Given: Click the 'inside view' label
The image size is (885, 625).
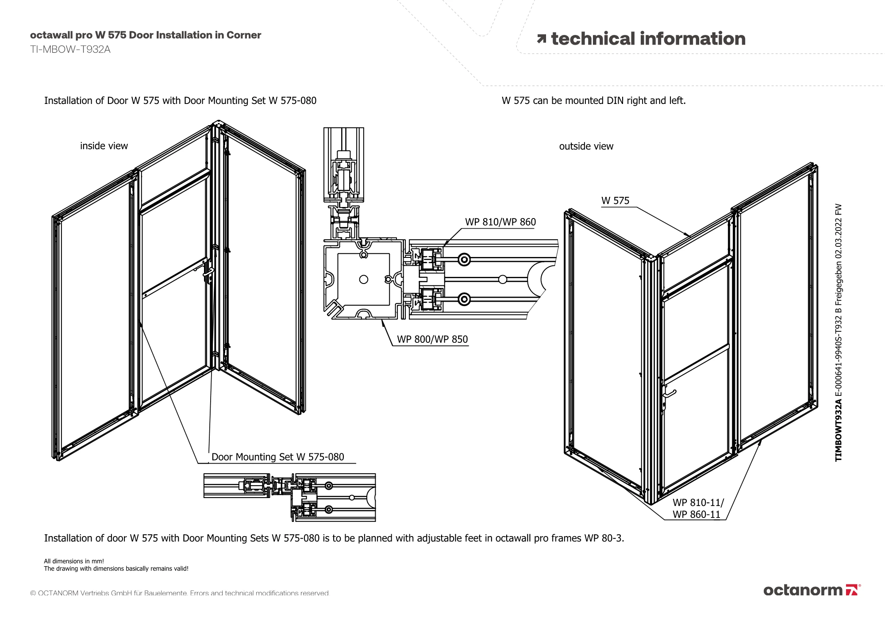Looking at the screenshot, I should tap(104, 146).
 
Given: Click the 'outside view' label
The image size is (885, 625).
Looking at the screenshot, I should tap(586, 146).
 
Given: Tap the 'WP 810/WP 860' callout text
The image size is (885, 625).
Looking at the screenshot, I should tap(500, 222).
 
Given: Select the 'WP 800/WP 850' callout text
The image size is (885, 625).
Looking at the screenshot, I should tap(432, 339).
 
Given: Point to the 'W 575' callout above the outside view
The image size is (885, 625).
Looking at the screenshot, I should tap(615, 201).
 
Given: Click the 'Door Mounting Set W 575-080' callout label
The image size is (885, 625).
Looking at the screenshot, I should tap(277, 457).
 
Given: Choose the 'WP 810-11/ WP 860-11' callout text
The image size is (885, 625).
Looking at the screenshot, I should tap(697, 509).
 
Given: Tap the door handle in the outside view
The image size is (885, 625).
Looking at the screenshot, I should tap(669, 393).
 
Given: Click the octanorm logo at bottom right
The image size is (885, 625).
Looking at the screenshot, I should tap(812, 590).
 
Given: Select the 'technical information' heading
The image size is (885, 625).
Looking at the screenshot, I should tap(648, 39).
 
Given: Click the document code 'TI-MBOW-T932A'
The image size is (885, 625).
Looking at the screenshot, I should tap(70, 50).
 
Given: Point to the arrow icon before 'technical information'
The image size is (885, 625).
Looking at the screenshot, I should tap(541, 39).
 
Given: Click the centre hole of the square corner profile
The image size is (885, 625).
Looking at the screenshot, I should tap(364, 279).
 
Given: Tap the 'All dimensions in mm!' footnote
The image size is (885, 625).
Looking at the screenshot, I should tap(74, 561).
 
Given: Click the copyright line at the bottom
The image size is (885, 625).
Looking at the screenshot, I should tap(180, 593).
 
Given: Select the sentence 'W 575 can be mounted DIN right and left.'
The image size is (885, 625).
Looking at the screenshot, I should tap(593, 101).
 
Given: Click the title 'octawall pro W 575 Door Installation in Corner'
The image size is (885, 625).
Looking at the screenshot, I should tap(146, 35).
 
